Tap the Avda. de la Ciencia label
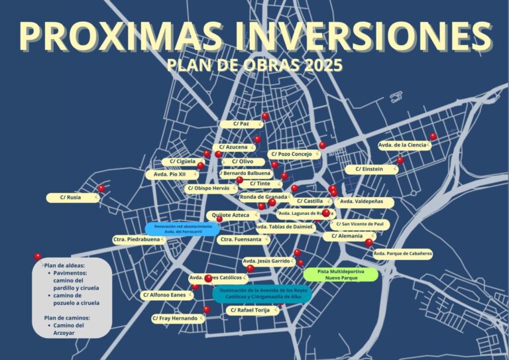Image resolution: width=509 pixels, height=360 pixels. click(x=402, y=145)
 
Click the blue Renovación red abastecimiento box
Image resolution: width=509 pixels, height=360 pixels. click(x=183, y=229)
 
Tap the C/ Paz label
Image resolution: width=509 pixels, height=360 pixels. click(x=240, y=124)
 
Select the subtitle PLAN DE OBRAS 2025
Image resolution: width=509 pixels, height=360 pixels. click(x=254, y=66)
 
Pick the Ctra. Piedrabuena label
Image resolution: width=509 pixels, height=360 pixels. click(x=137, y=239)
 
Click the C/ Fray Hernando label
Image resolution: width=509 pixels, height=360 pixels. click(x=175, y=318)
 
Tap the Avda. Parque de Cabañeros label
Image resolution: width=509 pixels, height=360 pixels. click(x=403, y=253)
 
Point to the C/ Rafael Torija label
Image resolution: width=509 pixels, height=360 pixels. click(x=253, y=310)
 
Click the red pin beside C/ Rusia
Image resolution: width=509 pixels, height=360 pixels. click(x=101, y=189)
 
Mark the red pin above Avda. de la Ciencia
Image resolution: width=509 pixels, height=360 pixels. click(x=433, y=137)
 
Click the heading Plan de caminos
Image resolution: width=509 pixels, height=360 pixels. click(x=67, y=318)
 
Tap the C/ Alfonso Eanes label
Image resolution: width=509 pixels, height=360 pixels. click(x=164, y=295)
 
